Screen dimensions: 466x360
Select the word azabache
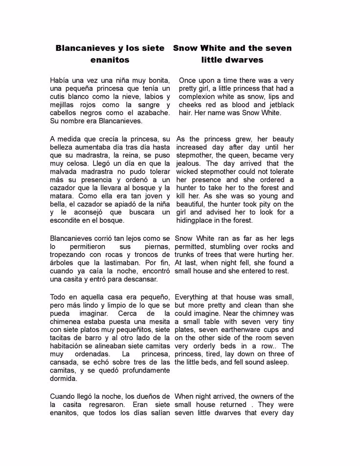tap(152, 113)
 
